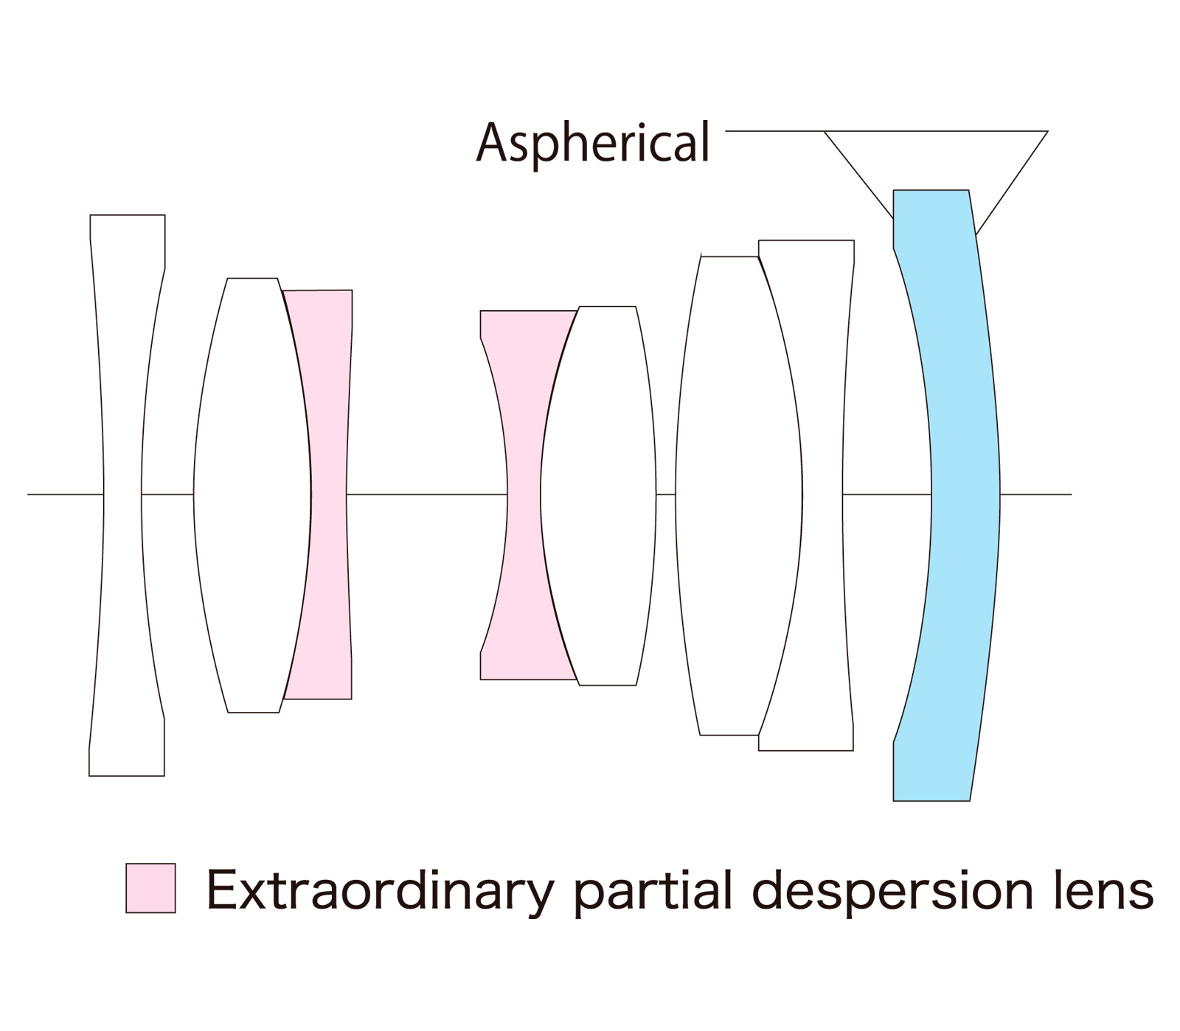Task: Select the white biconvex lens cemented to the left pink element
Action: (251, 494)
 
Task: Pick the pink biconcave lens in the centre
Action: (524, 494)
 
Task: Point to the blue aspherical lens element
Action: (965, 494)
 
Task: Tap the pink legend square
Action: (150, 888)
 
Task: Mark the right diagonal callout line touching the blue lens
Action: (1012, 183)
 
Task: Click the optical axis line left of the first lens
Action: (63, 494)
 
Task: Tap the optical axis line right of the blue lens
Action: (1036, 494)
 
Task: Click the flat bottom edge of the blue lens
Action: (931, 800)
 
